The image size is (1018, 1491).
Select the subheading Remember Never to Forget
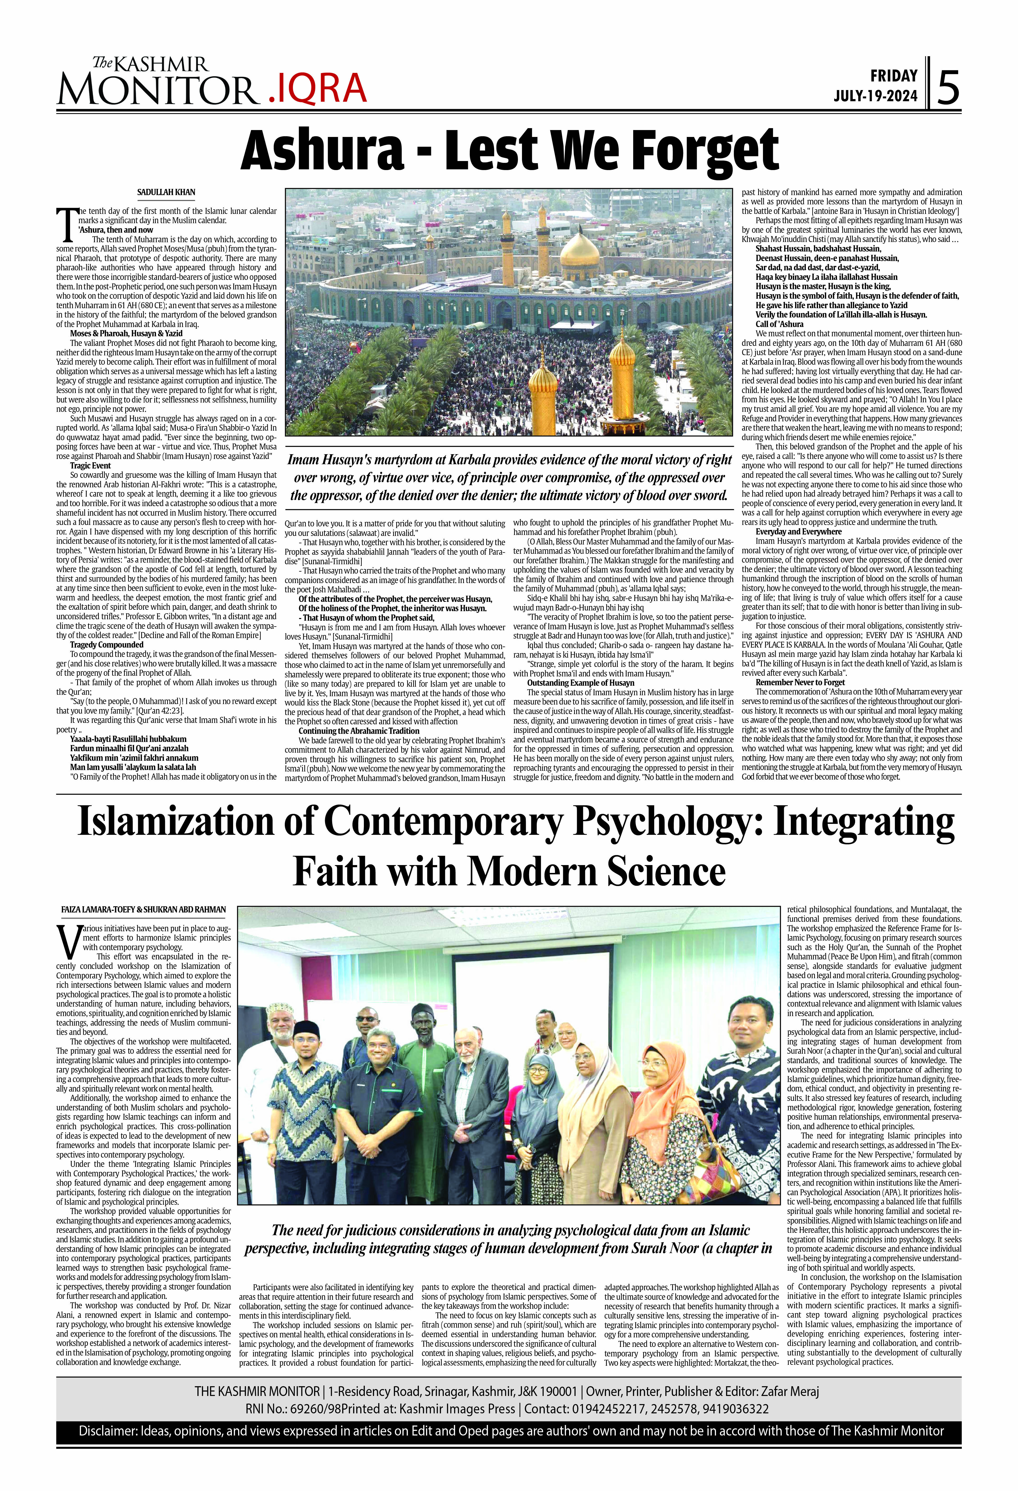click(x=800, y=682)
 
